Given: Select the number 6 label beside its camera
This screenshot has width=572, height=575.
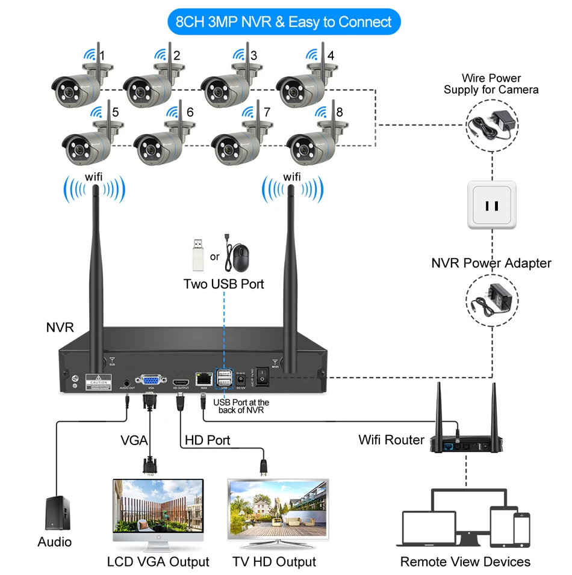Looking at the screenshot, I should click(190, 112).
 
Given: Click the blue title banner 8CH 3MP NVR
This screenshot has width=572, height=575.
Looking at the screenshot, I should click(284, 22).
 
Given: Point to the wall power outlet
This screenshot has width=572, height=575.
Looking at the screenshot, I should click(492, 204).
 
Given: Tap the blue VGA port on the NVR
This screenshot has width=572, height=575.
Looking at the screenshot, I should click(151, 380).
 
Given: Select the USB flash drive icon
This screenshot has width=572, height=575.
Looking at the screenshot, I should click(197, 254).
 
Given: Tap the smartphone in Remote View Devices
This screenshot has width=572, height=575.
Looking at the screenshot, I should click(521, 529).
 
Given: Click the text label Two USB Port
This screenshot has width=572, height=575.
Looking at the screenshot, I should click(223, 284).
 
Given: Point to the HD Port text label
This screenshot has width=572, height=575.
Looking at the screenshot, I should click(207, 440).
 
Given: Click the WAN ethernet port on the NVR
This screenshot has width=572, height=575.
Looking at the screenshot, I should click(203, 379).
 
